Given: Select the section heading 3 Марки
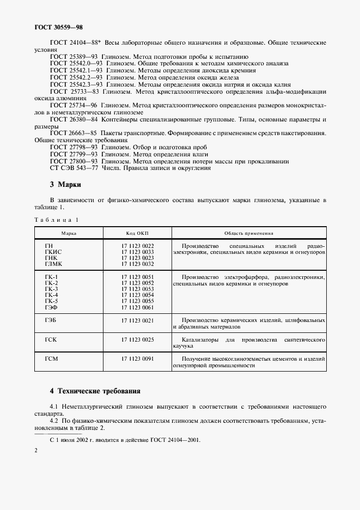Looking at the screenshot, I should tap(65, 184).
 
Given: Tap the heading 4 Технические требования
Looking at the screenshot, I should tap(95, 391).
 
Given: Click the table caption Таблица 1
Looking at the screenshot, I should tap(57, 220).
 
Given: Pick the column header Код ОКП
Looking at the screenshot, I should tap(137, 233).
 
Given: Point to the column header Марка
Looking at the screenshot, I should tap(69, 233).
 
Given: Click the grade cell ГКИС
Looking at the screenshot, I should tap(53, 252).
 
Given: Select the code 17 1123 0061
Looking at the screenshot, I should tap(137, 308).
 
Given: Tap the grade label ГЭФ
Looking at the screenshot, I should tap(52, 308).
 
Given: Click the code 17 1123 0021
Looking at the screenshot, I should tap(137, 320).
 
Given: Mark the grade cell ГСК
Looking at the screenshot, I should tap(51, 339).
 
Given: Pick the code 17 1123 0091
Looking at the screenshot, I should tap(137, 359).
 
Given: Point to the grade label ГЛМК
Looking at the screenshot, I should tap(54, 264).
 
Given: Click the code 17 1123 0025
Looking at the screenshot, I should tap(137, 339).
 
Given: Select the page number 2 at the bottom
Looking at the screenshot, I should tap(35, 451).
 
